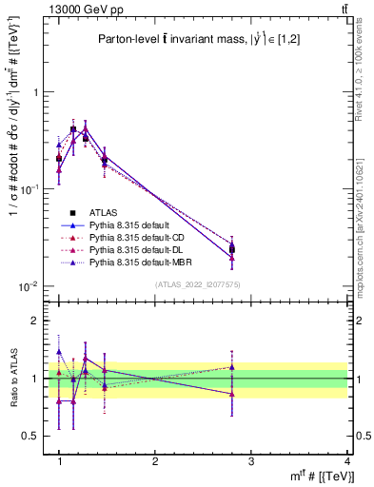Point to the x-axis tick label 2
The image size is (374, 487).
click(x=155, y=461)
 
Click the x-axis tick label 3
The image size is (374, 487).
click(x=251, y=461)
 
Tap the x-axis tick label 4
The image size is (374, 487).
click(x=347, y=461)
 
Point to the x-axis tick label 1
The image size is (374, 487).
click(x=59, y=461)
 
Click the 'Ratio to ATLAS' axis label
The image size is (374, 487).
click(x=13, y=378)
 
